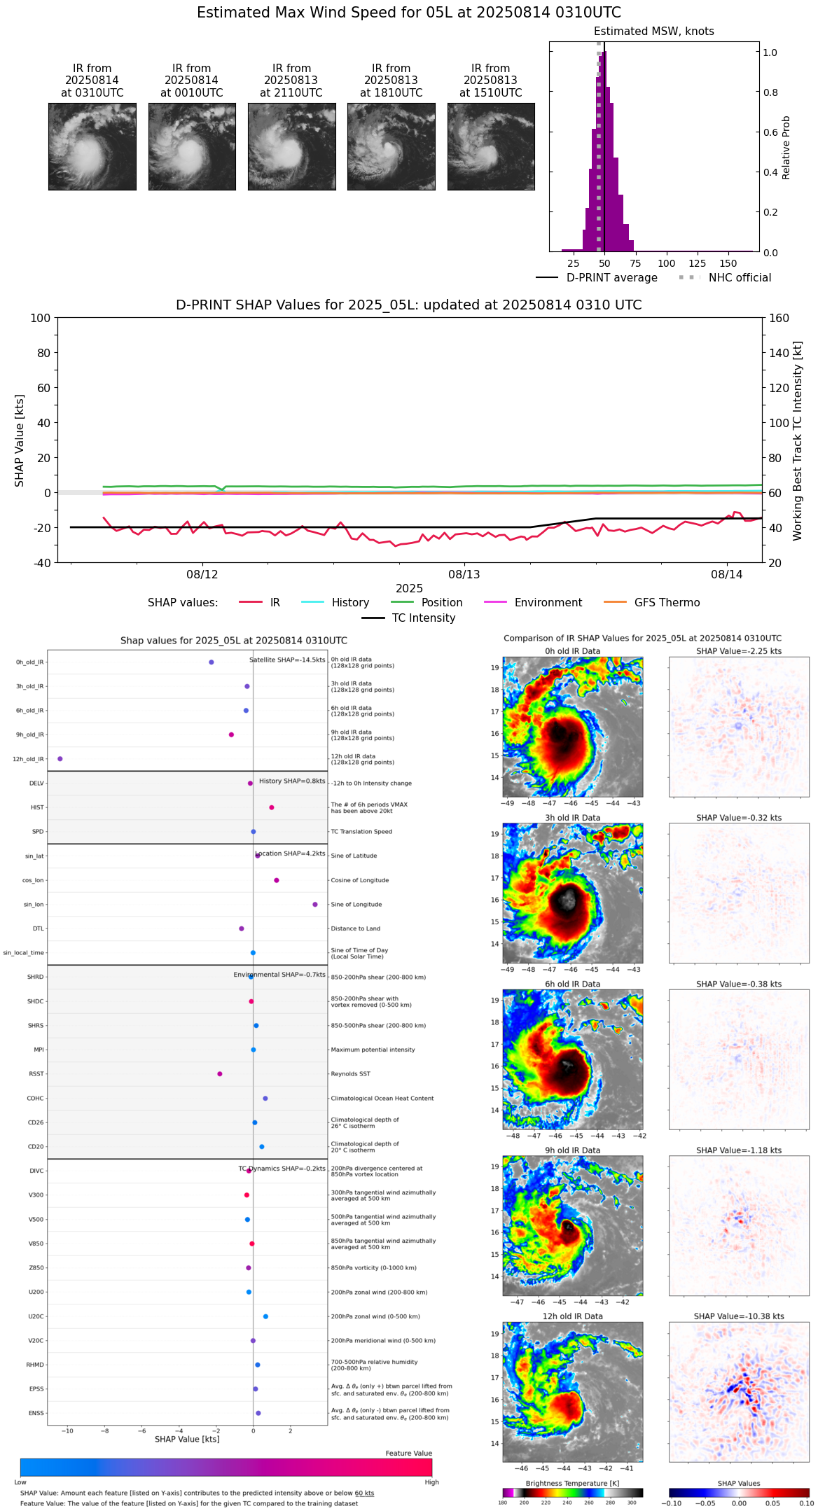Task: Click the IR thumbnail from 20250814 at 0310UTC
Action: pyautogui.click(x=92, y=146)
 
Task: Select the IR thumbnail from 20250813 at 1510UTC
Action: pyautogui.click(x=491, y=146)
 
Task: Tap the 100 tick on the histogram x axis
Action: pyautogui.click(x=667, y=263)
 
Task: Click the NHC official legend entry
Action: pyautogui.click(x=739, y=278)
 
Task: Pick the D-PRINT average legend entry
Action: pyautogui.click(x=611, y=278)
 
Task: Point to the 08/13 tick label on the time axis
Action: pyautogui.click(x=464, y=575)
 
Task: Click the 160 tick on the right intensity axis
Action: pyautogui.click(x=779, y=318)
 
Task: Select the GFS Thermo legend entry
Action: pyautogui.click(x=667, y=603)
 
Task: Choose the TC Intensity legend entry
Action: pyautogui.click(x=423, y=618)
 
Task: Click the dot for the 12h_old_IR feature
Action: pyautogui.click(x=60, y=759)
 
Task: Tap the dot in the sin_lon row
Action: pyautogui.click(x=315, y=905)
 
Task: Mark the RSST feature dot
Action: pyautogui.click(x=220, y=1074)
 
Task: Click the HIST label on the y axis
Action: pyautogui.click(x=37, y=808)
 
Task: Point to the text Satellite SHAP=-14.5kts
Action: pyautogui.click(x=287, y=660)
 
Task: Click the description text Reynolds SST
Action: pyautogui.click(x=350, y=1074)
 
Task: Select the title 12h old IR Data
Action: pyautogui.click(x=573, y=1316)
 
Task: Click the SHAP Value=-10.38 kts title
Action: pyautogui.click(x=739, y=1316)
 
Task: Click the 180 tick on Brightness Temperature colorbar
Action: pyautogui.click(x=503, y=1503)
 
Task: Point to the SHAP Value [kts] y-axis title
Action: pyautogui.click(x=20, y=440)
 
